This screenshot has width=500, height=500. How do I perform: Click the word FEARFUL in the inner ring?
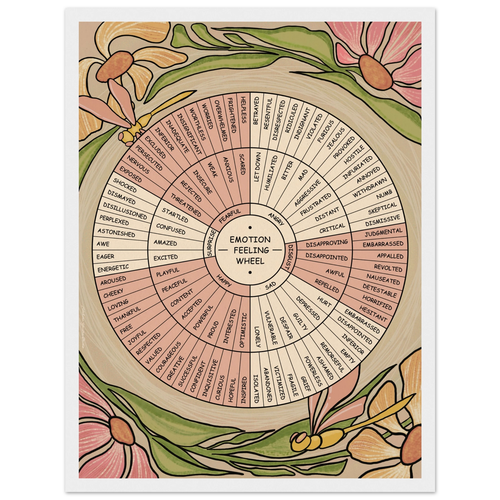(x=230, y=216)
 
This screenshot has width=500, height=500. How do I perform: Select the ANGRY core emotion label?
(x=276, y=219)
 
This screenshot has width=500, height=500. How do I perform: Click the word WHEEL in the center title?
(x=250, y=261)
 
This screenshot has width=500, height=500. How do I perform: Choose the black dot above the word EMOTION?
(x=250, y=228)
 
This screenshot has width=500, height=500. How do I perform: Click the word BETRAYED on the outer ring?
(x=256, y=111)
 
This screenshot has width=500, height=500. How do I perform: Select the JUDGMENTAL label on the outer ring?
(x=384, y=232)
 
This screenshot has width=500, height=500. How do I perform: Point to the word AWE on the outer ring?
(x=103, y=244)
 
